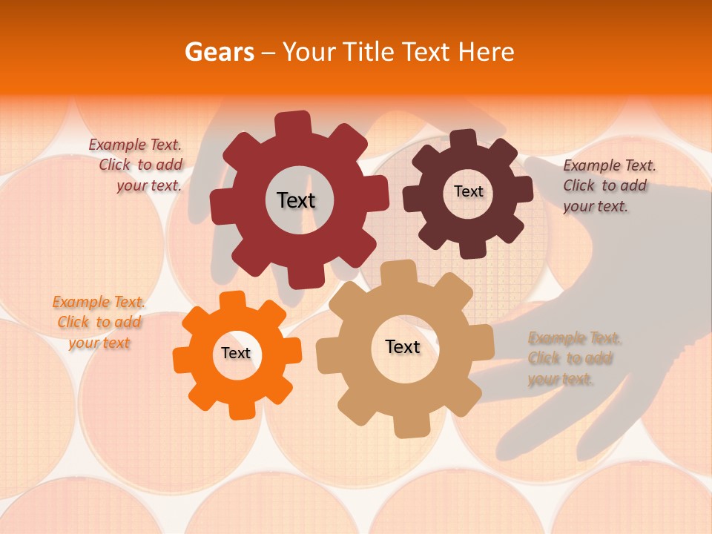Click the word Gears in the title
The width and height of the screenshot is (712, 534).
click(219, 52)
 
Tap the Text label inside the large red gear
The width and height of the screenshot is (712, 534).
click(297, 200)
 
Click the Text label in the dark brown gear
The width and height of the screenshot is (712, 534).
click(468, 191)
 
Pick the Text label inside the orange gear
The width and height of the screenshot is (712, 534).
click(236, 353)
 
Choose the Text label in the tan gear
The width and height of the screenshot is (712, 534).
click(403, 346)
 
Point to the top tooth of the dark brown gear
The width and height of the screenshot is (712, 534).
click(464, 139)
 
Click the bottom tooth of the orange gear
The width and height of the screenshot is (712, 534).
click(243, 410)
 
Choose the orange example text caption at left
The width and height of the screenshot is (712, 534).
click(99, 322)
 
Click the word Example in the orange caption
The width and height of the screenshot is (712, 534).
click(80, 302)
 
